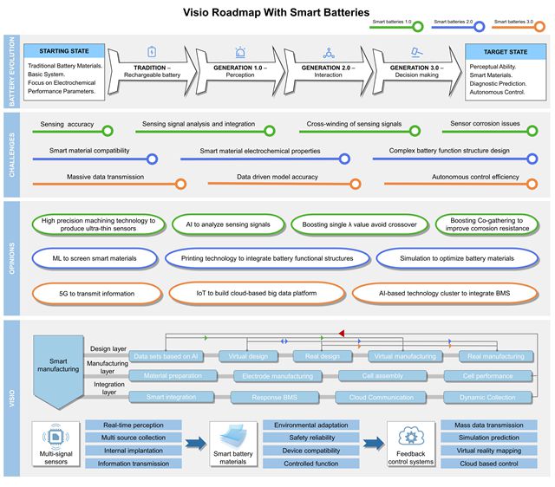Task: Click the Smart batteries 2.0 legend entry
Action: tap(454, 23)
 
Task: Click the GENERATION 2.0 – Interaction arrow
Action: tap(327, 72)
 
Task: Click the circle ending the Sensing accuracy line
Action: tap(107, 132)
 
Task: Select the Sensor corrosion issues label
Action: tap(486, 124)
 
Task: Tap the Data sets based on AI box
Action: tap(165, 356)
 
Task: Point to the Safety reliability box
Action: tap(310, 438)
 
